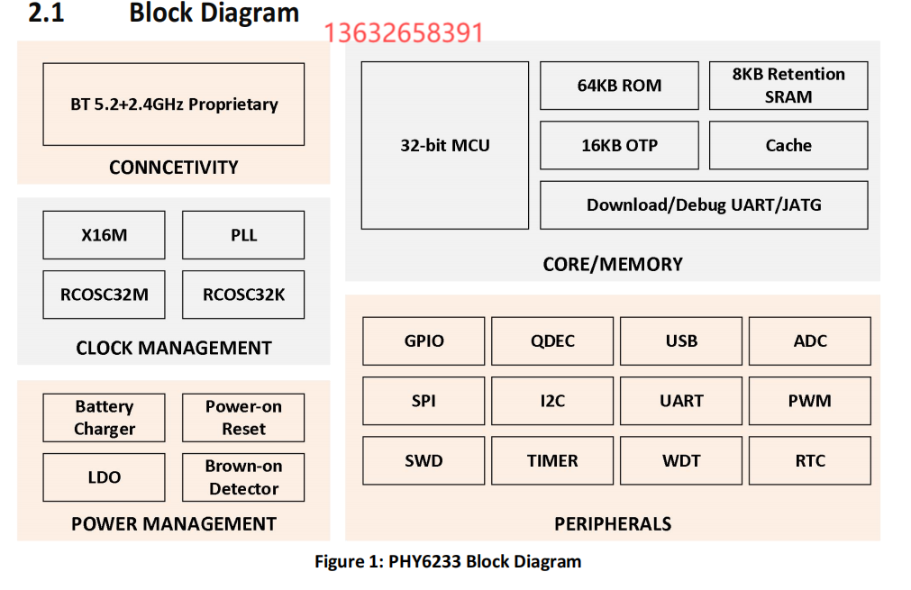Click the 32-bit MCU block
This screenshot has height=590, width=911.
(445, 145)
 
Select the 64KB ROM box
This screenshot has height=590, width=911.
(619, 86)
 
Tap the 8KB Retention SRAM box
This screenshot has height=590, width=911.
(788, 86)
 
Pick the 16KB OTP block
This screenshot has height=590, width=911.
(619, 145)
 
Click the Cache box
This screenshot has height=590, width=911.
(788, 145)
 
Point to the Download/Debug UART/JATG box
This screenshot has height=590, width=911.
(704, 204)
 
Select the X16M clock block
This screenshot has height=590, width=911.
(105, 235)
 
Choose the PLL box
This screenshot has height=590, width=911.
(243, 235)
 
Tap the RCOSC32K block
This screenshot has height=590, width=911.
(243, 294)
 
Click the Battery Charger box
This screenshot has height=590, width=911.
(105, 418)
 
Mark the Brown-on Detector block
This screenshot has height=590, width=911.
(243, 477)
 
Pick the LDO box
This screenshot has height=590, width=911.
(105, 477)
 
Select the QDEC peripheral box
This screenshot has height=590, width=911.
(552, 341)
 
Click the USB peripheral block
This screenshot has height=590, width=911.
(681, 341)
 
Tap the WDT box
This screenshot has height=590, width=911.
(681, 460)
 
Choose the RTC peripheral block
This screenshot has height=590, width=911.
(810, 460)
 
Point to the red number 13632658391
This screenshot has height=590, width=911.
(403, 33)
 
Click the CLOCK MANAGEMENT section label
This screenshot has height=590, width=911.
(174, 348)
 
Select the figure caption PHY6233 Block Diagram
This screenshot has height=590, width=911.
(448, 562)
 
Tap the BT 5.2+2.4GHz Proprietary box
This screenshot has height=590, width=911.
(174, 104)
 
